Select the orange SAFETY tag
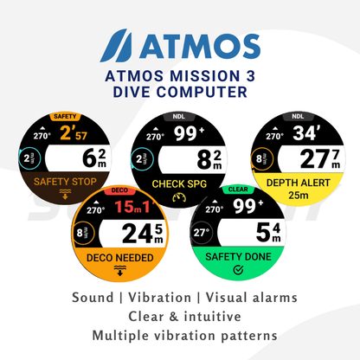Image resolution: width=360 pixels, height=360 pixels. pyautogui.click(x=64, y=115)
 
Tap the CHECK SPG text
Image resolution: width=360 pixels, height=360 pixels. pyautogui.click(x=181, y=183)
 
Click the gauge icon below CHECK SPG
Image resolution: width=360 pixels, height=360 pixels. pyautogui.click(x=180, y=198)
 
